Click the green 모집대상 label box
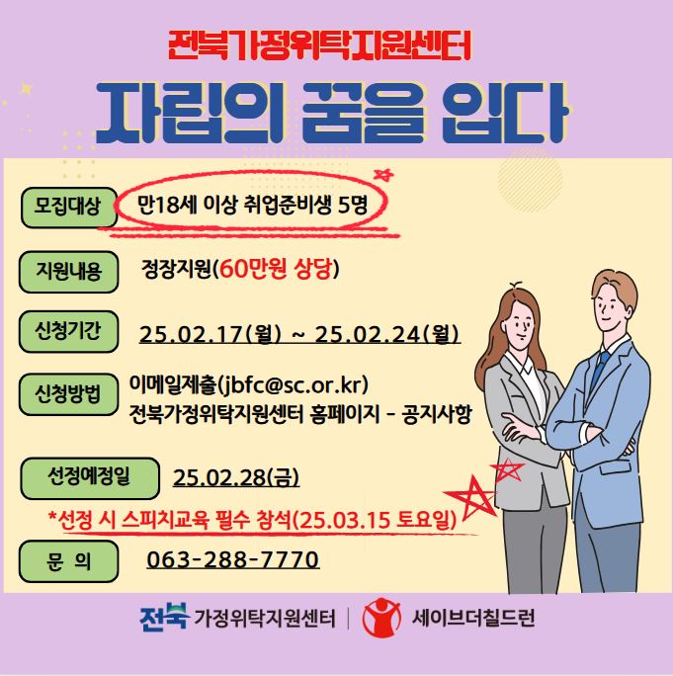69,208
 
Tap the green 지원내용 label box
68,272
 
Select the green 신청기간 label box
68,331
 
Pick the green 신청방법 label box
68,394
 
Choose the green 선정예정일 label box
90,478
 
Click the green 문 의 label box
68,561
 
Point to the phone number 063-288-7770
233,559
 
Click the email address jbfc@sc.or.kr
294,384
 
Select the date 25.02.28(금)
236,477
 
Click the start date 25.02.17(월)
210,334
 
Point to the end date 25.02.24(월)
387,334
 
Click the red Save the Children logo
381,618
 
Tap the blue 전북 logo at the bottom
164,617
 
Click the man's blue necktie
600,371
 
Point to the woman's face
521,321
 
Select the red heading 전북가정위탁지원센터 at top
319,45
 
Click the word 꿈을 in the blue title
362,113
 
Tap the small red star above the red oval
383,175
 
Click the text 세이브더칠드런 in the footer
473,618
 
